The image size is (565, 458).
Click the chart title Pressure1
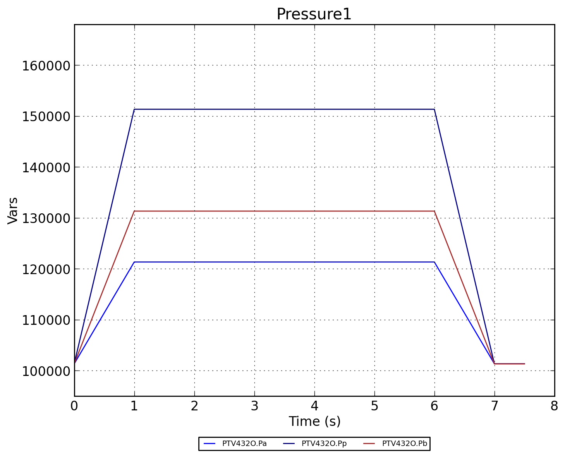coord(314,14)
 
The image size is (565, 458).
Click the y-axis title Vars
coord(13,210)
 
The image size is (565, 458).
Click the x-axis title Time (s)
coord(314,421)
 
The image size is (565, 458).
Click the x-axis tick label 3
coord(254,406)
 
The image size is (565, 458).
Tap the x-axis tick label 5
coord(374,406)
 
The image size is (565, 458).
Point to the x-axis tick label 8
coord(554,406)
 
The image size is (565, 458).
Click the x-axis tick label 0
coord(74,406)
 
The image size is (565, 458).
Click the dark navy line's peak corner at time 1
coord(134,109)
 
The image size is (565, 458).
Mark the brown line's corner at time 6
coord(434,211)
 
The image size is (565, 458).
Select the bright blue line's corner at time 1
coord(134,262)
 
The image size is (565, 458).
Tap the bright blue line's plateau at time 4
coord(314,262)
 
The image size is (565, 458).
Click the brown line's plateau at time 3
coord(254,211)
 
